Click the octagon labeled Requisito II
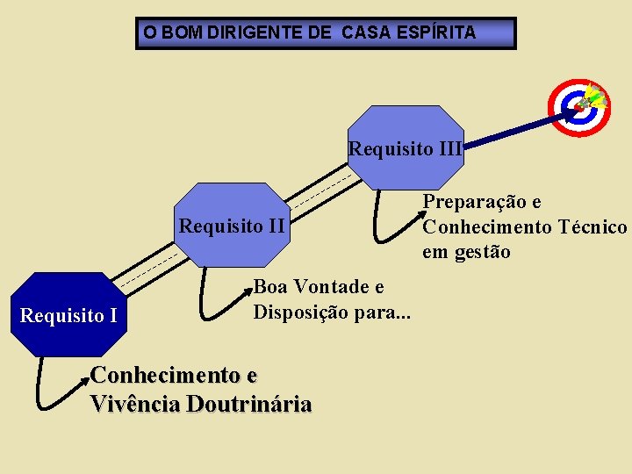pos(232,225)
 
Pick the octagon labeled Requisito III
pos(406,147)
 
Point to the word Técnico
pos(592,227)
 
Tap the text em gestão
pos(466,253)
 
